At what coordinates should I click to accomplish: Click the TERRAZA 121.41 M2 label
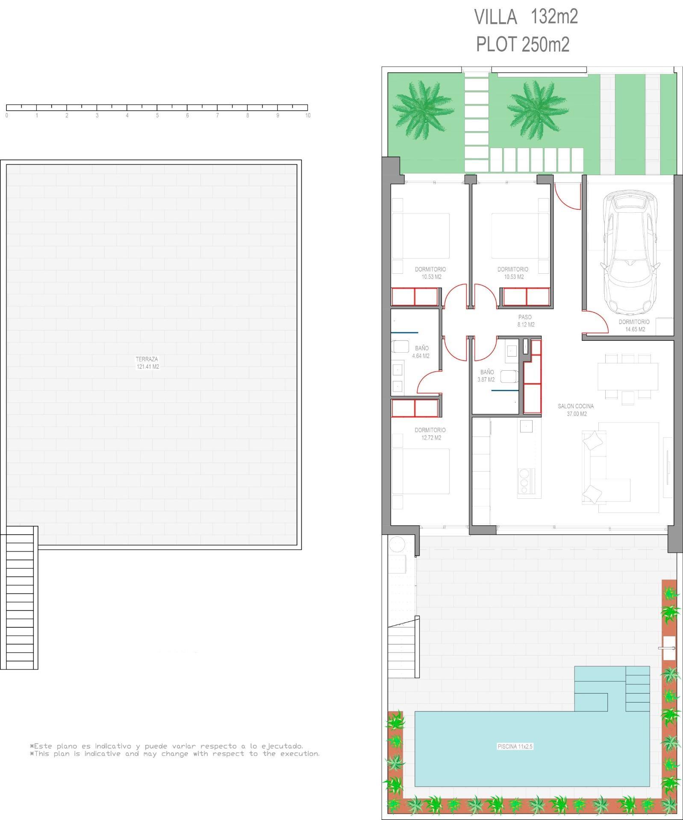(x=147, y=363)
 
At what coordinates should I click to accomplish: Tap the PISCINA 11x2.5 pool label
(x=515, y=747)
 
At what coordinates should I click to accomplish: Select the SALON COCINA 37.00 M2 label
(x=576, y=410)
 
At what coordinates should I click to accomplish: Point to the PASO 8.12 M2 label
(x=525, y=321)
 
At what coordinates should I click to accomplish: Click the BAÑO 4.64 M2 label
(x=421, y=352)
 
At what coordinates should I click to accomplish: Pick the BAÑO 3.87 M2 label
(x=486, y=376)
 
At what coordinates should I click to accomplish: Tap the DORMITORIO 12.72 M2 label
(x=430, y=434)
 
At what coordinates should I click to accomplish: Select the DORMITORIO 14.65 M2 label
(x=634, y=325)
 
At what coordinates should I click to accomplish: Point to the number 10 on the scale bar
(x=308, y=115)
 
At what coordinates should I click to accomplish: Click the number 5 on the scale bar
(x=157, y=115)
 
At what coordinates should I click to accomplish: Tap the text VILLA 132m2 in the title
(x=526, y=17)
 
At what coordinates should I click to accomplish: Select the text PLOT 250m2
(x=523, y=44)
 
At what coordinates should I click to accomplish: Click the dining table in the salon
(x=628, y=376)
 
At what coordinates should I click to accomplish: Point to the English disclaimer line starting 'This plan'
(x=175, y=754)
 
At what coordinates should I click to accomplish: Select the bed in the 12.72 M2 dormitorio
(x=421, y=471)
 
